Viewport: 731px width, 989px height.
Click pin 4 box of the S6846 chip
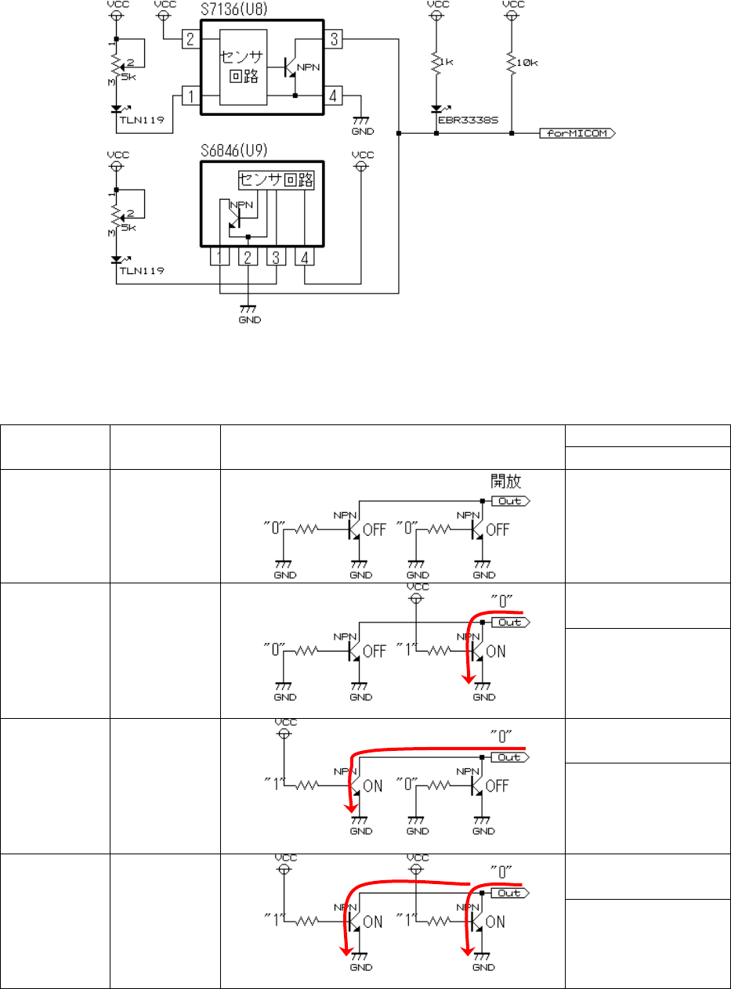(304, 257)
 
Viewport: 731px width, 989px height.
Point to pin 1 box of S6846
(220, 257)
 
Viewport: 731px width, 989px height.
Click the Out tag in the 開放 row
(508, 500)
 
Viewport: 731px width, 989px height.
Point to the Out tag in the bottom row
(508, 892)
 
